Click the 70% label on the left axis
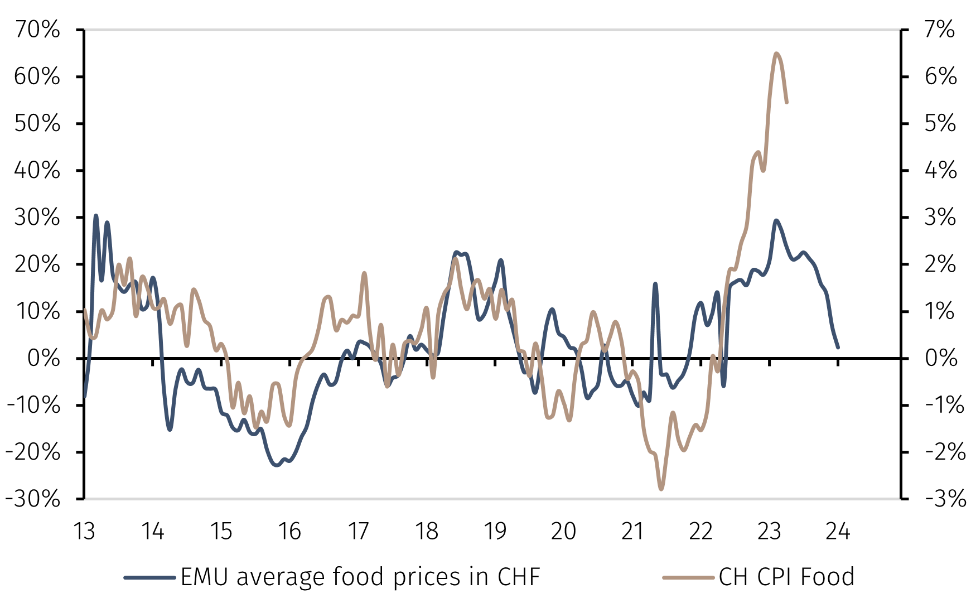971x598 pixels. (x=37, y=30)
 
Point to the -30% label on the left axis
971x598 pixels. (x=33, y=499)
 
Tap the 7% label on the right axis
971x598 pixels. (x=940, y=30)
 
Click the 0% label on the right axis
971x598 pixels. (x=941, y=358)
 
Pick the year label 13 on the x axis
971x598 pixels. (x=84, y=532)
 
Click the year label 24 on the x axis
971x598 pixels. (x=838, y=532)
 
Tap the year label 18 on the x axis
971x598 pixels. (x=427, y=532)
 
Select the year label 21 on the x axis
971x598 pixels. (x=632, y=532)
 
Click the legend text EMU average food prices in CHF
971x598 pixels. (x=360, y=577)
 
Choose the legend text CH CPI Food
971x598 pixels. (x=786, y=577)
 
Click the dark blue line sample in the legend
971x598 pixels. (x=149, y=577)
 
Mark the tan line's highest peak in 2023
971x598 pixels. (x=776, y=54)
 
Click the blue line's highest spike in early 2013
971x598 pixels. (x=96, y=215)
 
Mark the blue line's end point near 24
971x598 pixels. (x=838, y=347)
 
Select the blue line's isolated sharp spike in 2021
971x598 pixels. (x=655, y=284)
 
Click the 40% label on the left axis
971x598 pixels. (x=37, y=170)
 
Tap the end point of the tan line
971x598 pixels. (x=786, y=103)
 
